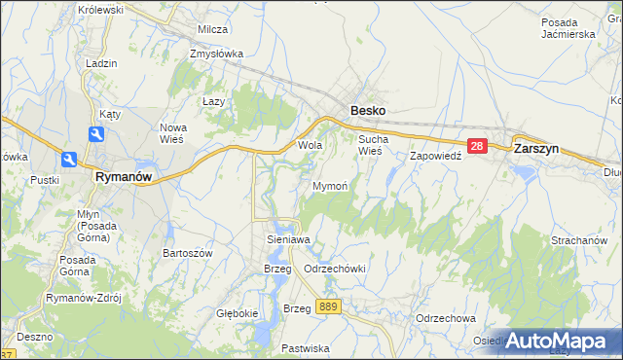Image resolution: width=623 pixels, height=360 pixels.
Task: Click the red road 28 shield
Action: [476, 146]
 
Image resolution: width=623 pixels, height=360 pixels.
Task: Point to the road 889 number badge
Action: [329, 306]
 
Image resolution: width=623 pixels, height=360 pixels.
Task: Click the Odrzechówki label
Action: [334, 269]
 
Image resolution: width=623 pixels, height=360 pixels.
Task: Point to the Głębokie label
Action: [237, 313]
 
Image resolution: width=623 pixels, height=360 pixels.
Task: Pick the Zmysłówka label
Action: [218, 54]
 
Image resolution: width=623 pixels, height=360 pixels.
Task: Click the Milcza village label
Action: [212, 29]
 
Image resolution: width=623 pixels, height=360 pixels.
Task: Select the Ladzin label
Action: [101, 63]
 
